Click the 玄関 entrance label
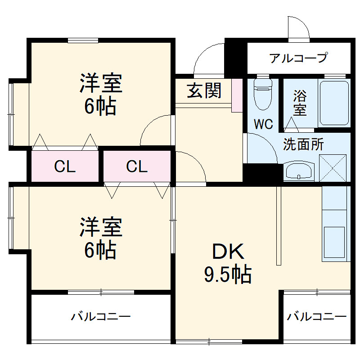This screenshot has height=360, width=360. pos(204,90)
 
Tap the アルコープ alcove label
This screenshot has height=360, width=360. pos(298,58)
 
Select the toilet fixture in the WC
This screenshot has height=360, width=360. pos(263,94)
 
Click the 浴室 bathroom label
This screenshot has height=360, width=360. pos(300,103)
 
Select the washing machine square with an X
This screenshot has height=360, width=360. pos(333,168)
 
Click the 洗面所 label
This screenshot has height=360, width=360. pos(303,144)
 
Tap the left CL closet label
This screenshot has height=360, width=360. pos(65,167)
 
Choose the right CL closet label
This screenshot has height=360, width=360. pos(137,167)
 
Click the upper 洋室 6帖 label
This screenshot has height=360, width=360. pos(101,94)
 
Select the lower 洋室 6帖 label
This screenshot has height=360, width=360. pos(101,238)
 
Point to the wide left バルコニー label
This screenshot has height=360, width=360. pos(101,317)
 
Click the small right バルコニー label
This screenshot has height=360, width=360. pos(317,317)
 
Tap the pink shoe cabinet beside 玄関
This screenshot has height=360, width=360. pos(237,95)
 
